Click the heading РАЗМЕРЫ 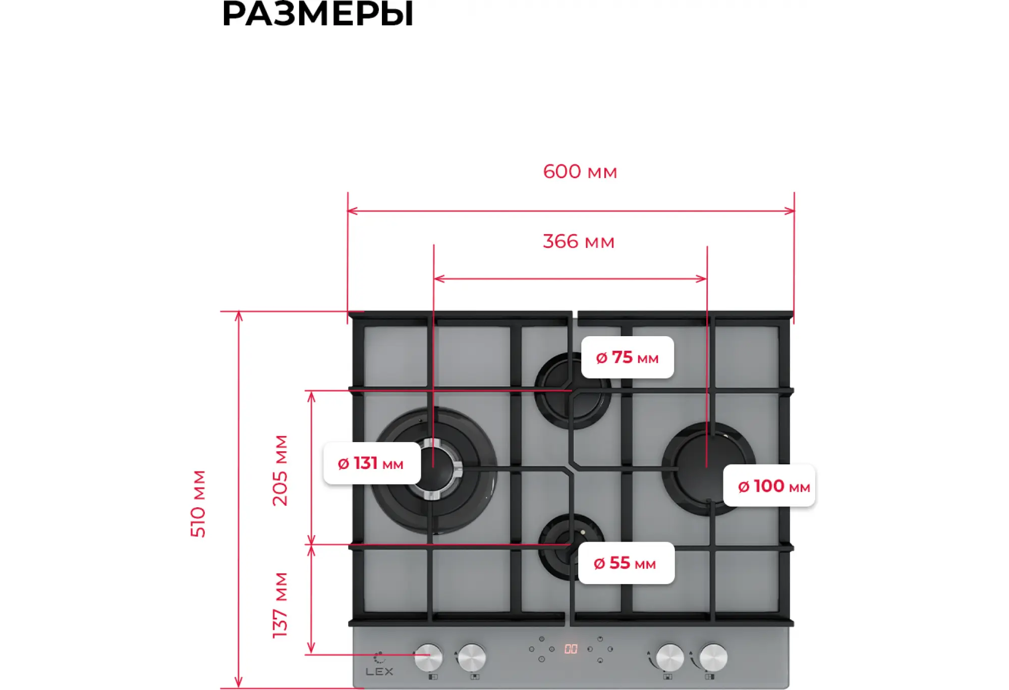pyautogui.click(x=317, y=14)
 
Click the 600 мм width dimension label pyautogui.click(x=580, y=172)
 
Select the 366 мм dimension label pyautogui.click(x=578, y=242)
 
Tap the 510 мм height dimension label pyautogui.click(x=198, y=503)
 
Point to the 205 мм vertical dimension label pyautogui.click(x=280, y=470)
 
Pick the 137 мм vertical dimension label pyautogui.click(x=280, y=605)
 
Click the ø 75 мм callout pyautogui.click(x=627, y=357)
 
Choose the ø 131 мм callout pyautogui.click(x=371, y=463)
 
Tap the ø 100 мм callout pyautogui.click(x=769, y=486)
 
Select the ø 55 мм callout pyautogui.click(x=626, y=563)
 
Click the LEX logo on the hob pyautogui.click(x=379, y=671)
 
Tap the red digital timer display pyautogui.click(x=571, y=649)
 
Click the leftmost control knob pyautogui.click(x=428, y=657)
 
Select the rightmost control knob pyautogui.click(x=713, y=658)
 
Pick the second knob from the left pyautogui.click(x=472, y=657)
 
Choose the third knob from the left pyautogui.click(x=669, y=658)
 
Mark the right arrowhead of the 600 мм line pyautogui.click(x=790, y=211)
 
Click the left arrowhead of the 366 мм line pyautogui.click(x=438, y=279)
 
